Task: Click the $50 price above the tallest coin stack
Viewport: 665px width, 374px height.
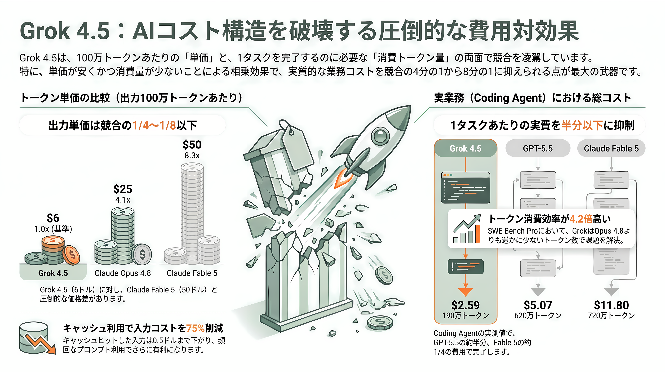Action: point(192,145)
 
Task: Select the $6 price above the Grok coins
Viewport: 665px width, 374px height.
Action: point(53,218)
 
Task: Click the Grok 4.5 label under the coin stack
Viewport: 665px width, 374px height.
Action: point(53,273)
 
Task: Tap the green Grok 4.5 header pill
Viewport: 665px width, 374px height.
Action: point(465,148)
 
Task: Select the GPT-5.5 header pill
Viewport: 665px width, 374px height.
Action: point(538,148)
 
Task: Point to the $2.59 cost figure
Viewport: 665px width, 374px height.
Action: point(465,305)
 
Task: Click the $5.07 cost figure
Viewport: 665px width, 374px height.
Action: point(538,305)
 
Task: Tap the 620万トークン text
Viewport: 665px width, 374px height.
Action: point(538,315)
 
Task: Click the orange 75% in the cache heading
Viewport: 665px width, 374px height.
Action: point(195,328)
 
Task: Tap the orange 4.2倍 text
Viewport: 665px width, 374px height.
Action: point(581,219)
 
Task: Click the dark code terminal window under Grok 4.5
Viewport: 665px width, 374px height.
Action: point(465,188)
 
